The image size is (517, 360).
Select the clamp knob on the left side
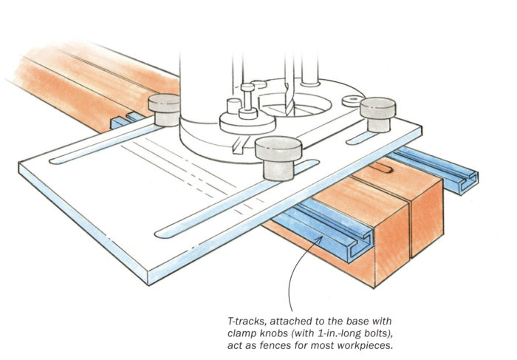tap(163, 109)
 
